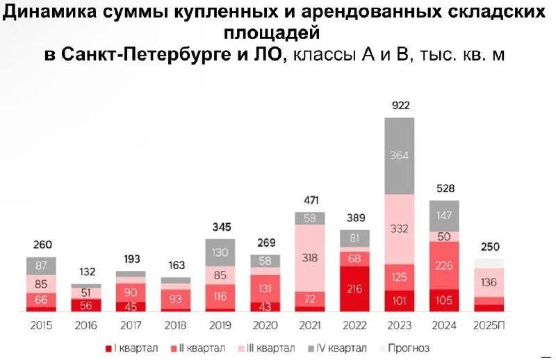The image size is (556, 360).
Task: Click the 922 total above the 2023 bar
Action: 400,106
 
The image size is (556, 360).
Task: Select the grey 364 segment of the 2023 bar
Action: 400,155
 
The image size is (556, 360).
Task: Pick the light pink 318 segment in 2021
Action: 309,257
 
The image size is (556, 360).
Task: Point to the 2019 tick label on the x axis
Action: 220,325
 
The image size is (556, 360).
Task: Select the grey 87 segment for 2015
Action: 41,265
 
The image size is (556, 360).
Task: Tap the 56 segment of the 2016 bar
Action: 85,304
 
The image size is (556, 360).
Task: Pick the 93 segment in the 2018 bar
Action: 175,300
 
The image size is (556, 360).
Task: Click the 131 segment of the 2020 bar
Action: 265,288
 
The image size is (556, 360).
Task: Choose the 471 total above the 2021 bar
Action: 309,201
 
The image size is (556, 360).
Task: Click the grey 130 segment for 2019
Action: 220,252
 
